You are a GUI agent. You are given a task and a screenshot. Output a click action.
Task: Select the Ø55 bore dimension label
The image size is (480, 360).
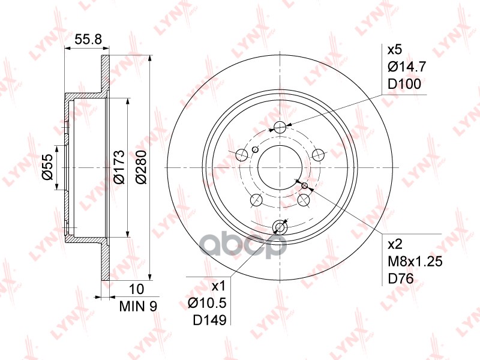pos(45,167)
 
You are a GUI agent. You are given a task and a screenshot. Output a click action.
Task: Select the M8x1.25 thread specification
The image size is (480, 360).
pos(415,262)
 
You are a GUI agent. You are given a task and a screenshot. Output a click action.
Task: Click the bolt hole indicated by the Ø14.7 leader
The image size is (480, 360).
pos(280,127)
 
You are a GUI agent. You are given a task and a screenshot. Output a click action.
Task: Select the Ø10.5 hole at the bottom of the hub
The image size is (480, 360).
pos(280,227)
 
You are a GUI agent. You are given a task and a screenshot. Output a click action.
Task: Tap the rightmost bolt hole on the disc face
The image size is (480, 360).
pos(319,155)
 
